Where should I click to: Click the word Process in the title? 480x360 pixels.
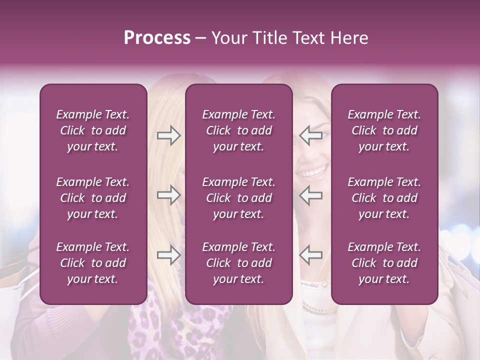[x=157, y=38]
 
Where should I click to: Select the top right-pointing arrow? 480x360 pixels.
[x=169, y=135]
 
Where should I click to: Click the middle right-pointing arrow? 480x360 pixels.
[x=169, y=195]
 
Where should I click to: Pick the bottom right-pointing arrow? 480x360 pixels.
[x=169, y=254]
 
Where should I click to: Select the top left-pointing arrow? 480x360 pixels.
[x=310, y=135]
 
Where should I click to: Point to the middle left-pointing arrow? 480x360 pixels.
[x=310, y=195]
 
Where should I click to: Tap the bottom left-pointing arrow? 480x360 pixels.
[x=310, y=254]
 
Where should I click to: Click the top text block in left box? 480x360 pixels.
[x=93, y=130]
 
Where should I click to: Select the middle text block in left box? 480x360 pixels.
[x=93, y=198]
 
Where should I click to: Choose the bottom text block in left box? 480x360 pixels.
[x=93, y=263]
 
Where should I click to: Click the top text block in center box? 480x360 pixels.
[x=238, y=130]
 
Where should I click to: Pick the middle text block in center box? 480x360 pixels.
[x=238, y=198]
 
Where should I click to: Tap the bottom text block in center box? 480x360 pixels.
[x=238, y=263]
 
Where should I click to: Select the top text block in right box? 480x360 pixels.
[x=384, y=130]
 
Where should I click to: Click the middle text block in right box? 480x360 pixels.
[x=384, y=198]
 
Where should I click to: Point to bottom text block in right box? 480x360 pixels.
[x=384, y=263]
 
